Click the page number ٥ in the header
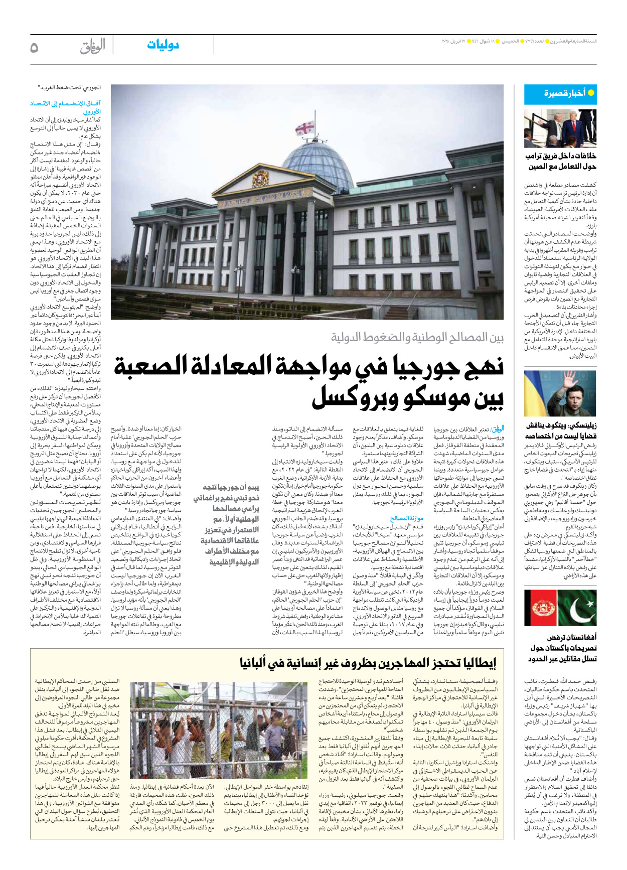point(34,47)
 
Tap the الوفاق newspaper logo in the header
point(93,46)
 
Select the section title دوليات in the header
point(163,45)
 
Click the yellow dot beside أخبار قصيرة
point(591,93)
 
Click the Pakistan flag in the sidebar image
point(579,608)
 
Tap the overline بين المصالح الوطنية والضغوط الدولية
point(417,337)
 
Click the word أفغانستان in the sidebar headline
point(580,637)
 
